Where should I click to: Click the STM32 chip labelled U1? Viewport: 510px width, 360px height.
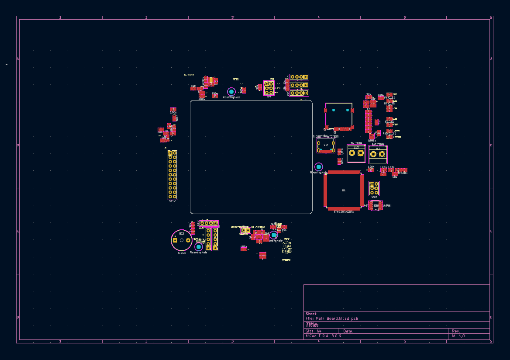click(344, 190)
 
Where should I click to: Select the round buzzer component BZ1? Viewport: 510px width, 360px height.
click(181, 240)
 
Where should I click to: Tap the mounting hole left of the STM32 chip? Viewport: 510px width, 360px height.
click(319, 167)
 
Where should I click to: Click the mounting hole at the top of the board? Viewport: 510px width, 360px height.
click(231, 92)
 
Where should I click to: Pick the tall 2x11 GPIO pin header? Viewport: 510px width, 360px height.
click(172, 175)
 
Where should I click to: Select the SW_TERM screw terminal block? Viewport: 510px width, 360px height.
click(356, 153)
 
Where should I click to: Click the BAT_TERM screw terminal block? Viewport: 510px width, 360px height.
click(378, 154)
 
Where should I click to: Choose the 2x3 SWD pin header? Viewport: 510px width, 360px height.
click(374, 188)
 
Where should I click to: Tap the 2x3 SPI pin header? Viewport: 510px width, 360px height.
click(269, 88)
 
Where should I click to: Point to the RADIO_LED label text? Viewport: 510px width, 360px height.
click(389, 133)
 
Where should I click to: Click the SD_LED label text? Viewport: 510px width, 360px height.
click(389, 121)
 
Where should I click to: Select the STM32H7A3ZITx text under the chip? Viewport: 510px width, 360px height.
click(344, 211)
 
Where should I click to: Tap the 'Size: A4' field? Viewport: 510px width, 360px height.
click(314, 331)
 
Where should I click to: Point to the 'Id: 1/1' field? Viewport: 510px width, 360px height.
click(459, 336)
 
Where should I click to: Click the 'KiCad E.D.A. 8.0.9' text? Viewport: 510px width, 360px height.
click(324, 336)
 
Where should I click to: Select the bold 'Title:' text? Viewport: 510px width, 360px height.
click(312, 325)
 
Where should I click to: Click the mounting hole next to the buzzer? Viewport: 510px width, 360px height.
click(199, 246)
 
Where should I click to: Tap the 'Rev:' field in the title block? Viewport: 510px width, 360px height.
click(456, 331)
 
